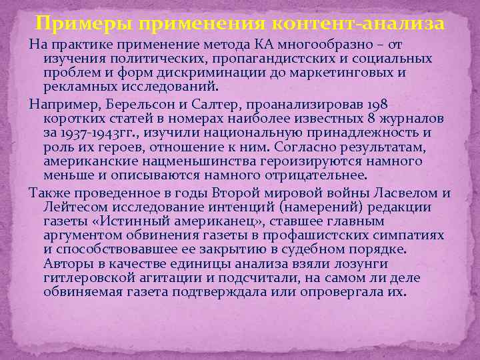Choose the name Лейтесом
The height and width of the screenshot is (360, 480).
pos(74,207)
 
